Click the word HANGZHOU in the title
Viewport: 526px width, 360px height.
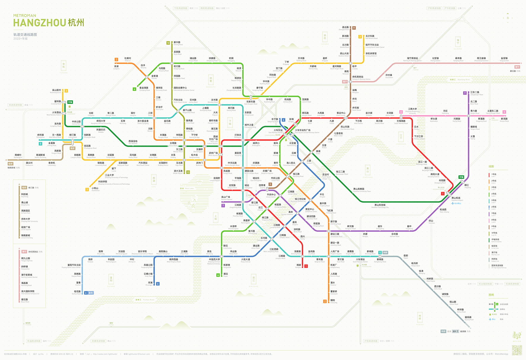(x=39, y=23)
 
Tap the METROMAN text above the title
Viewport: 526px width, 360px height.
(x=25, y=15)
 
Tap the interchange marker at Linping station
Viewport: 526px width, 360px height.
(x=350, y=63)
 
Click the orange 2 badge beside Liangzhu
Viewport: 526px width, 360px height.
(x=116, y=60)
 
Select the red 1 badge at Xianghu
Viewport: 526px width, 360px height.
(x=306, y=266)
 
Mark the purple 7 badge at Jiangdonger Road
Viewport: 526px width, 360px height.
(x=465, y=93)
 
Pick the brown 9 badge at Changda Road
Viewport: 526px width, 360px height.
(x=354, y=28)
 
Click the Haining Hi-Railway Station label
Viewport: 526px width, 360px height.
(x=412, y=59)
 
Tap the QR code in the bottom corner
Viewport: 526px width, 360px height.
(x=517, y=350)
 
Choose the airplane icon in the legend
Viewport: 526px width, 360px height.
(x=490, y=319)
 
